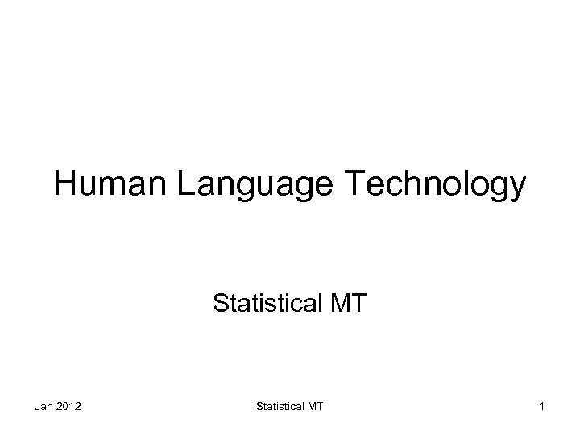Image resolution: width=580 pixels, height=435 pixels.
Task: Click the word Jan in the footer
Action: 43,407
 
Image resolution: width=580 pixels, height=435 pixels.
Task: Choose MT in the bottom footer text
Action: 314,407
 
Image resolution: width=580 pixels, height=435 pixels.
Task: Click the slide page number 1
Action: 543,407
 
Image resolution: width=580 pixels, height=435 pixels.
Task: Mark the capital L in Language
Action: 180,184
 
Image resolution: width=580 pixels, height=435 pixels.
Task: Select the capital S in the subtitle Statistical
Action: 220,304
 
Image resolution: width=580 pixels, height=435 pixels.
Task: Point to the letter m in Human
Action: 110,187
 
